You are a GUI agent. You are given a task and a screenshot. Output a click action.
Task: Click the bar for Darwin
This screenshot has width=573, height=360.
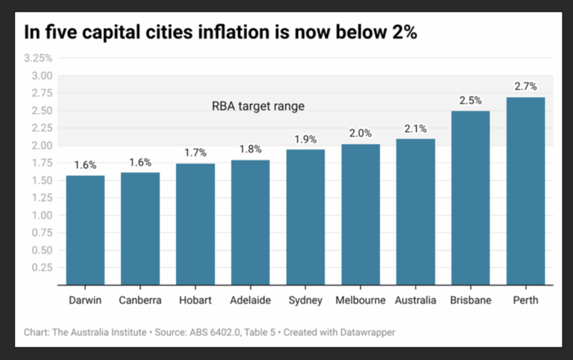[x=85, y=230]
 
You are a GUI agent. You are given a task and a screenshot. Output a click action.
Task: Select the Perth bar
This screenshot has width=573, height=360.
[x=525, y=191]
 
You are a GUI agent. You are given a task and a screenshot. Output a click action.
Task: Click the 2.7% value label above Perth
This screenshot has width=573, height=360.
[x=525, y=86]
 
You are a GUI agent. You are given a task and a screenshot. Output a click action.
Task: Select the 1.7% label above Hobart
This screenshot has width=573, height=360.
[x=195, y=152]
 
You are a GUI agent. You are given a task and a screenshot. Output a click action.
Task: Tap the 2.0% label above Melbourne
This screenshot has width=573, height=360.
[x=360, y=133]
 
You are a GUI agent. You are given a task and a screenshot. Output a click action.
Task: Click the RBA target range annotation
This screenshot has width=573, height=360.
[x=258, y=106]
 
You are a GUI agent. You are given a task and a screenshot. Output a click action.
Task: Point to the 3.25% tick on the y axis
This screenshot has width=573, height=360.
[x=37, y=58]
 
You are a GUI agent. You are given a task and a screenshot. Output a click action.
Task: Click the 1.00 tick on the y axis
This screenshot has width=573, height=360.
[x=41, y=216]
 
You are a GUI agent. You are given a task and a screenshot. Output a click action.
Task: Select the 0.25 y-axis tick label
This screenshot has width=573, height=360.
[x=41, y=268]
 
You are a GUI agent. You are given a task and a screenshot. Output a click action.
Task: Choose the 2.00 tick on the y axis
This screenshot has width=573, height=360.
[x=41, y=146]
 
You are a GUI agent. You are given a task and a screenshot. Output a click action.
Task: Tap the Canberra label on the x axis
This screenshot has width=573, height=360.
[x=140, y=300]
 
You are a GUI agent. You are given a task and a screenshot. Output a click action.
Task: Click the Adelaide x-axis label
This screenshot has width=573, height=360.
[x=250, y=300]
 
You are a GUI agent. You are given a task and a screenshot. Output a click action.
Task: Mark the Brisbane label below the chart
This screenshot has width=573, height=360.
[x=471, y=300]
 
